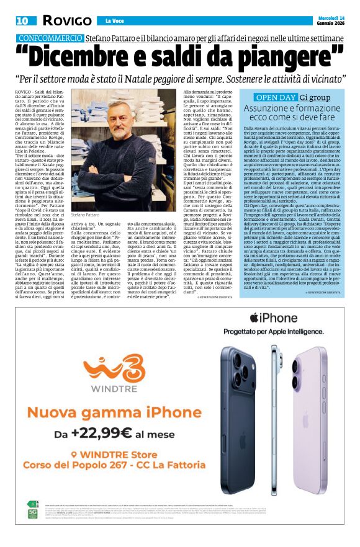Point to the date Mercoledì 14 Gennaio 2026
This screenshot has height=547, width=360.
pos(329,20)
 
